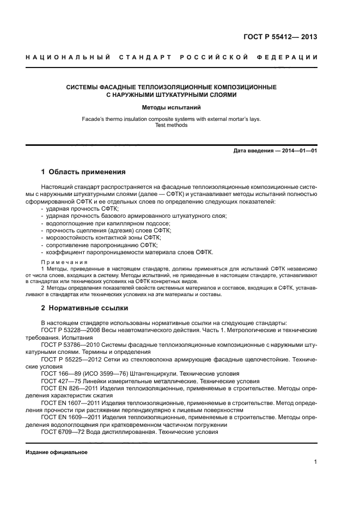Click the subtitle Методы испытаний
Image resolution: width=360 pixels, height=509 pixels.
[172, 108]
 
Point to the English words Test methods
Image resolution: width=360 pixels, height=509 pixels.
[172, 125]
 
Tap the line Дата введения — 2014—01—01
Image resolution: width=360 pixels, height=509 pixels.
[274, 150]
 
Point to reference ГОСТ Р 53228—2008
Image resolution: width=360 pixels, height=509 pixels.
[68, 330]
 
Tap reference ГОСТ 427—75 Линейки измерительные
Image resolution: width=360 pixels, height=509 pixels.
[57, 381]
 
